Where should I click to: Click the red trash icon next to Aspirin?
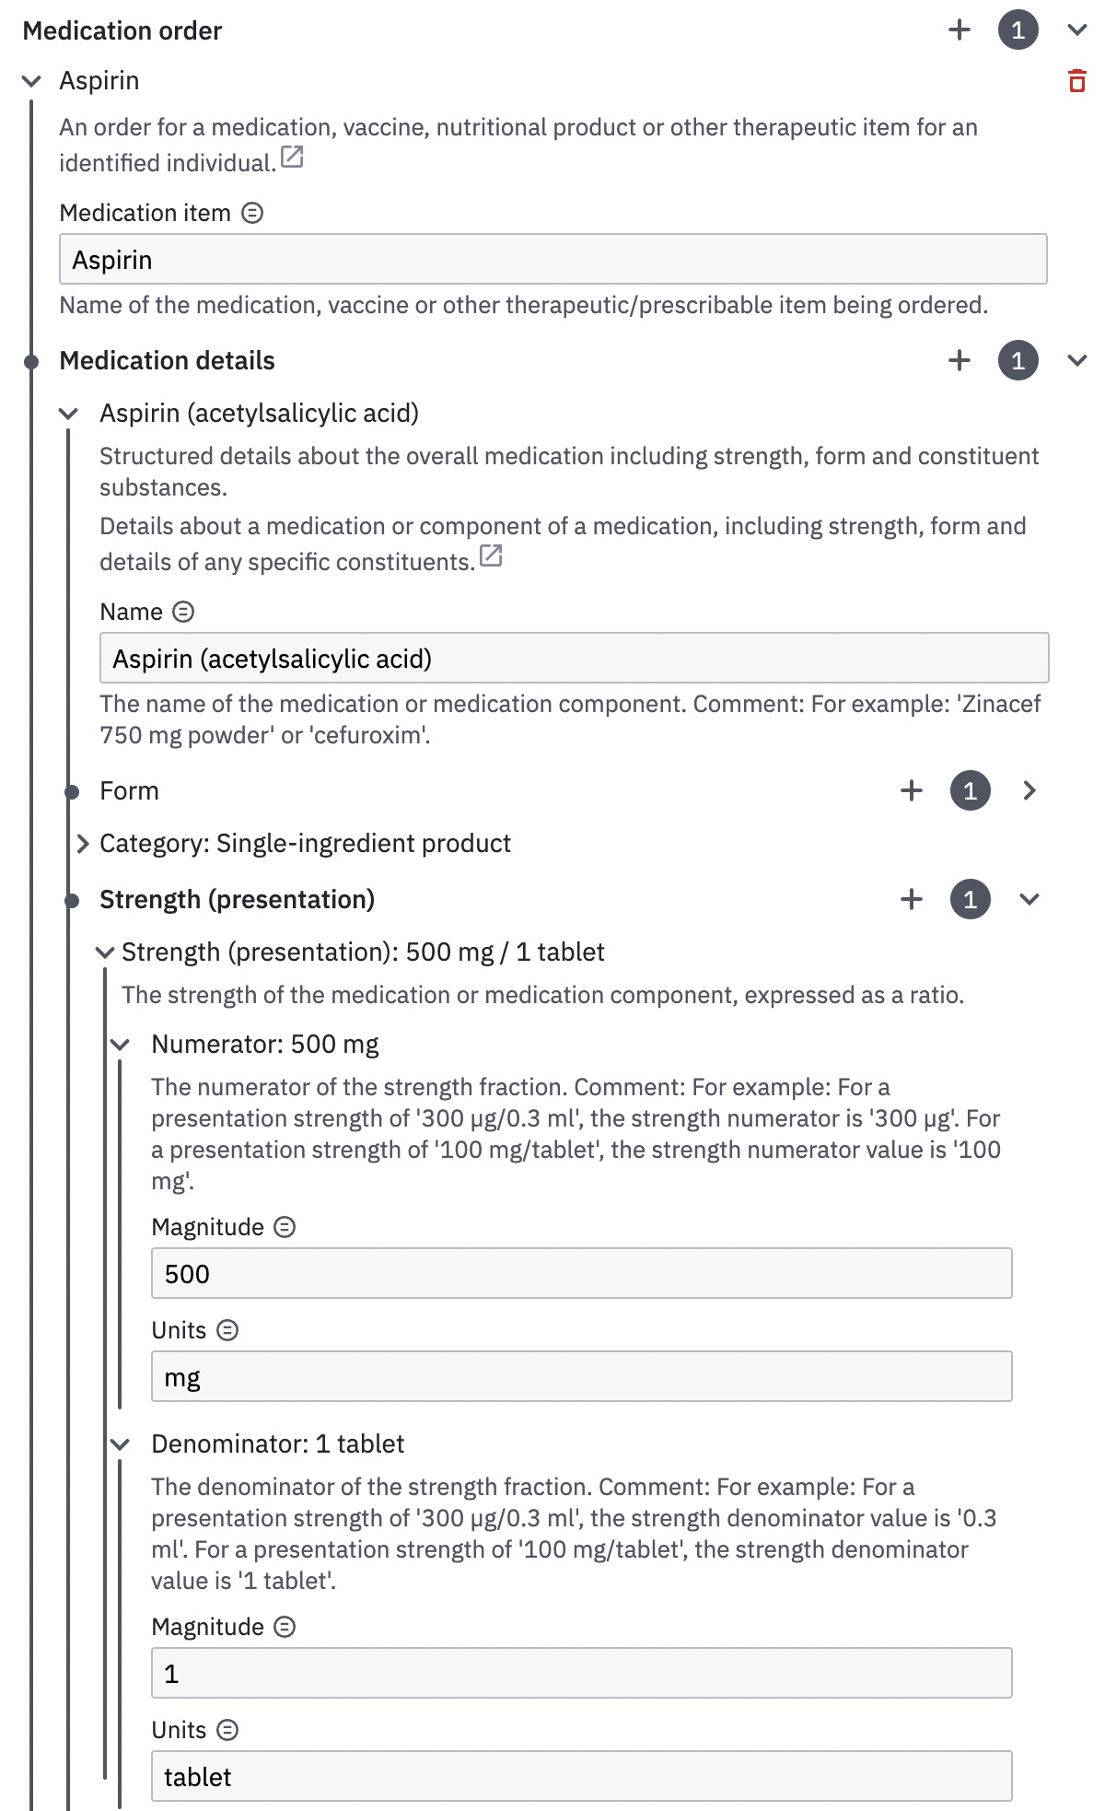[1076, 81]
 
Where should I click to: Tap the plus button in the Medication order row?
[960, 30]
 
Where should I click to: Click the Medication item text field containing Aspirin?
[552, 260]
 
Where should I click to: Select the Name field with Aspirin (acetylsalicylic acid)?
[573, 659]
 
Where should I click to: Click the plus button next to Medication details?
[960, 360]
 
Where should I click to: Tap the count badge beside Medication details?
[1018, 360]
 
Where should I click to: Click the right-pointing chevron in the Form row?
[1029, 790]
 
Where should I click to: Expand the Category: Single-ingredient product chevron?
[83, 844]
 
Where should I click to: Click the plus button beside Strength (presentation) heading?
[912, 899]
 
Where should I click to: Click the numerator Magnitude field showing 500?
[580, 1274]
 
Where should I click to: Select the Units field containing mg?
[580, 1377]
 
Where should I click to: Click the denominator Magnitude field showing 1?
[580, 1674]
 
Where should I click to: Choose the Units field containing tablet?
[580, 1777]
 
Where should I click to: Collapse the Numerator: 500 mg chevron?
[120, 1045]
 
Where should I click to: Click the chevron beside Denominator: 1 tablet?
[120, 1444]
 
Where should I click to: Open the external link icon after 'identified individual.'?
[292, 158]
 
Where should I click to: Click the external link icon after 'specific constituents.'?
[491, 556]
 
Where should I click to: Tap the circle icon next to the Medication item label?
[252, 214]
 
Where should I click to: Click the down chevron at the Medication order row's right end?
[1076, 30]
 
